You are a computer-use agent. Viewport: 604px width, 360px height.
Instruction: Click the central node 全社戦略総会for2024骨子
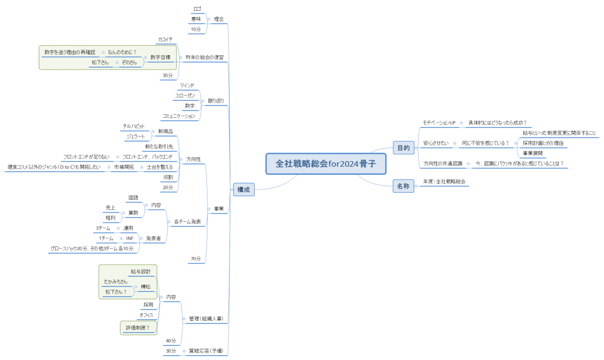326,164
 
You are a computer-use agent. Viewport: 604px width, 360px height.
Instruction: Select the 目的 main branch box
403,148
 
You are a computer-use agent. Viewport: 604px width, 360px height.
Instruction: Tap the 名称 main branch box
403,186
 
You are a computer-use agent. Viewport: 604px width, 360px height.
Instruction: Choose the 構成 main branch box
243,189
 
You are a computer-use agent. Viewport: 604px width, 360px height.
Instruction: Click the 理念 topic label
219,19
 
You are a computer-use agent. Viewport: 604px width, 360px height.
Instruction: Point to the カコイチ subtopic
165,40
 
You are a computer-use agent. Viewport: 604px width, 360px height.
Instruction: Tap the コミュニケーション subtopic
180,116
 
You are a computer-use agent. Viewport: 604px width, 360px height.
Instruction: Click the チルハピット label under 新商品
134,126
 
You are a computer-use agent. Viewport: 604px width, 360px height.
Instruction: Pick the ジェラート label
136,137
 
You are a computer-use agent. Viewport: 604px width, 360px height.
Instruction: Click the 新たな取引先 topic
159,146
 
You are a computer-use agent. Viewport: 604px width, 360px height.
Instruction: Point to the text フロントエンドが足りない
86,157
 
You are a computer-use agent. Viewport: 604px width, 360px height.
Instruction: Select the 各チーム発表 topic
187,221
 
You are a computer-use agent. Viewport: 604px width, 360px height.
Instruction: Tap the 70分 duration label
196,259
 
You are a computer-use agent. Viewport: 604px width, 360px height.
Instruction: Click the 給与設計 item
141,272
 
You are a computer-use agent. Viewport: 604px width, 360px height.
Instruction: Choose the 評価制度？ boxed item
138,327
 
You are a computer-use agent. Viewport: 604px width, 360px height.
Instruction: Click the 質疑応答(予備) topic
206,351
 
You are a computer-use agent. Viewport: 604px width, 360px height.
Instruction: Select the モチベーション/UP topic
439,123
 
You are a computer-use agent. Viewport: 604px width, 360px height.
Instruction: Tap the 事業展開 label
534,153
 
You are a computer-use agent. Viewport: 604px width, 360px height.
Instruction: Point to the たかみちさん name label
116,282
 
